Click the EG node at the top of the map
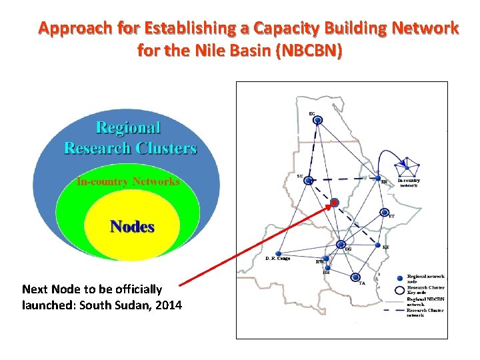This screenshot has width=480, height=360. [x=318, y=120]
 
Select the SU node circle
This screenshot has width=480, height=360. [x=309, y=180]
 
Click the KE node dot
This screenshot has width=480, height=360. [x=377, y=248]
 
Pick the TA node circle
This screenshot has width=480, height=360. [x=355, y=277]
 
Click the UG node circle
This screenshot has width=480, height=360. [x=341, y=245]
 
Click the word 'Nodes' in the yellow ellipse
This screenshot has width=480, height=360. [x=132, y=227]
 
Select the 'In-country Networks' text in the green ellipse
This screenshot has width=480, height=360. [x=128, y=181]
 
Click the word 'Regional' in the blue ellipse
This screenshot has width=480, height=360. [x=129, y=127]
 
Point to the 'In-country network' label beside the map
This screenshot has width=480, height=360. [x=408, y=183]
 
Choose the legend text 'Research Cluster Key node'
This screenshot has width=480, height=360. [x=425, y=289]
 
